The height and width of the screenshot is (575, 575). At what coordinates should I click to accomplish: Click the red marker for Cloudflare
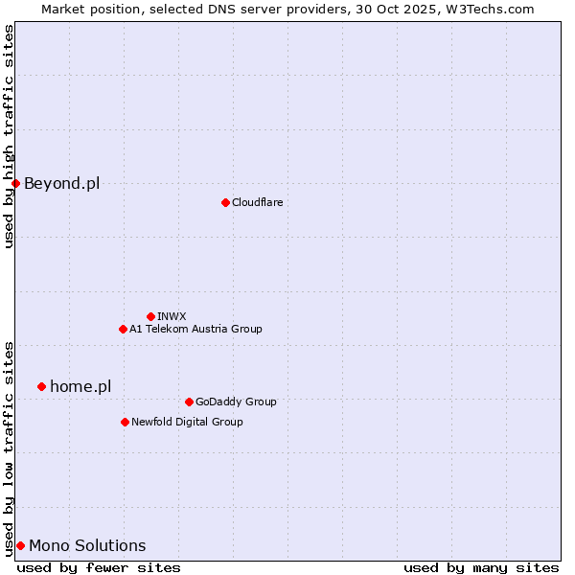click(x=225, y=202)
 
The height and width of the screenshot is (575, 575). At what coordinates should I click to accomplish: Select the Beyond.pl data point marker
click(x=16, y=183)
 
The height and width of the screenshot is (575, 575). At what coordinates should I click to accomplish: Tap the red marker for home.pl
click(x=41, y=386)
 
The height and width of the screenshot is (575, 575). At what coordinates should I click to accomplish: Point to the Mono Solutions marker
click(x=20, y=545)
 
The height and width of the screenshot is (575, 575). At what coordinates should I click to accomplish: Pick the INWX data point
click(x=150, y=316)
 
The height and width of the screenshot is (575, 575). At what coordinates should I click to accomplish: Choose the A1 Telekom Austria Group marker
click(x=123, y=329)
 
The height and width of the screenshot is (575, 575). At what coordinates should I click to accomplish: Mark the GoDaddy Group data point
click(x=189, y=402)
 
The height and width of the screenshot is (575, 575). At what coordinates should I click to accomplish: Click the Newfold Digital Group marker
click(x=125, y=422)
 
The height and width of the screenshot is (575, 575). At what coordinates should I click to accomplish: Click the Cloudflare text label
click(x=257, y=202)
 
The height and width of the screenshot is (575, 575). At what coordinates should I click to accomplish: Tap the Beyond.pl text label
click(x=61, y=183)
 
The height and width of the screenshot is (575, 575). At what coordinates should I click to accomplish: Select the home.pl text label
click(x=80, y=386)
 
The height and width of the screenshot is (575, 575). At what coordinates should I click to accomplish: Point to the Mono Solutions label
click(x=87, y=545)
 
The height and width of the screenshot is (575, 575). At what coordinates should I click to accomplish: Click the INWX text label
click(x=172, y=316)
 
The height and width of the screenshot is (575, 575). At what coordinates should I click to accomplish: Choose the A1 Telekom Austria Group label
click(x=195, y=329)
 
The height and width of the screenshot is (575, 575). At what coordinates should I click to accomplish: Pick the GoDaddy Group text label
click(x=236, y=402)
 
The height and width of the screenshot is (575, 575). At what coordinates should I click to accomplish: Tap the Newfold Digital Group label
click(x=187, y=422)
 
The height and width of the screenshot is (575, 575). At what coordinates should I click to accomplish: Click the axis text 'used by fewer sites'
click(x=99, y=567)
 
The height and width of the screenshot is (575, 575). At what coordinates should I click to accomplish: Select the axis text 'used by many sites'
click(x=481, y=567)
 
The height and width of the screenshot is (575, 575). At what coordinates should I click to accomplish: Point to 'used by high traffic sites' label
click(x=9, y=136)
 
